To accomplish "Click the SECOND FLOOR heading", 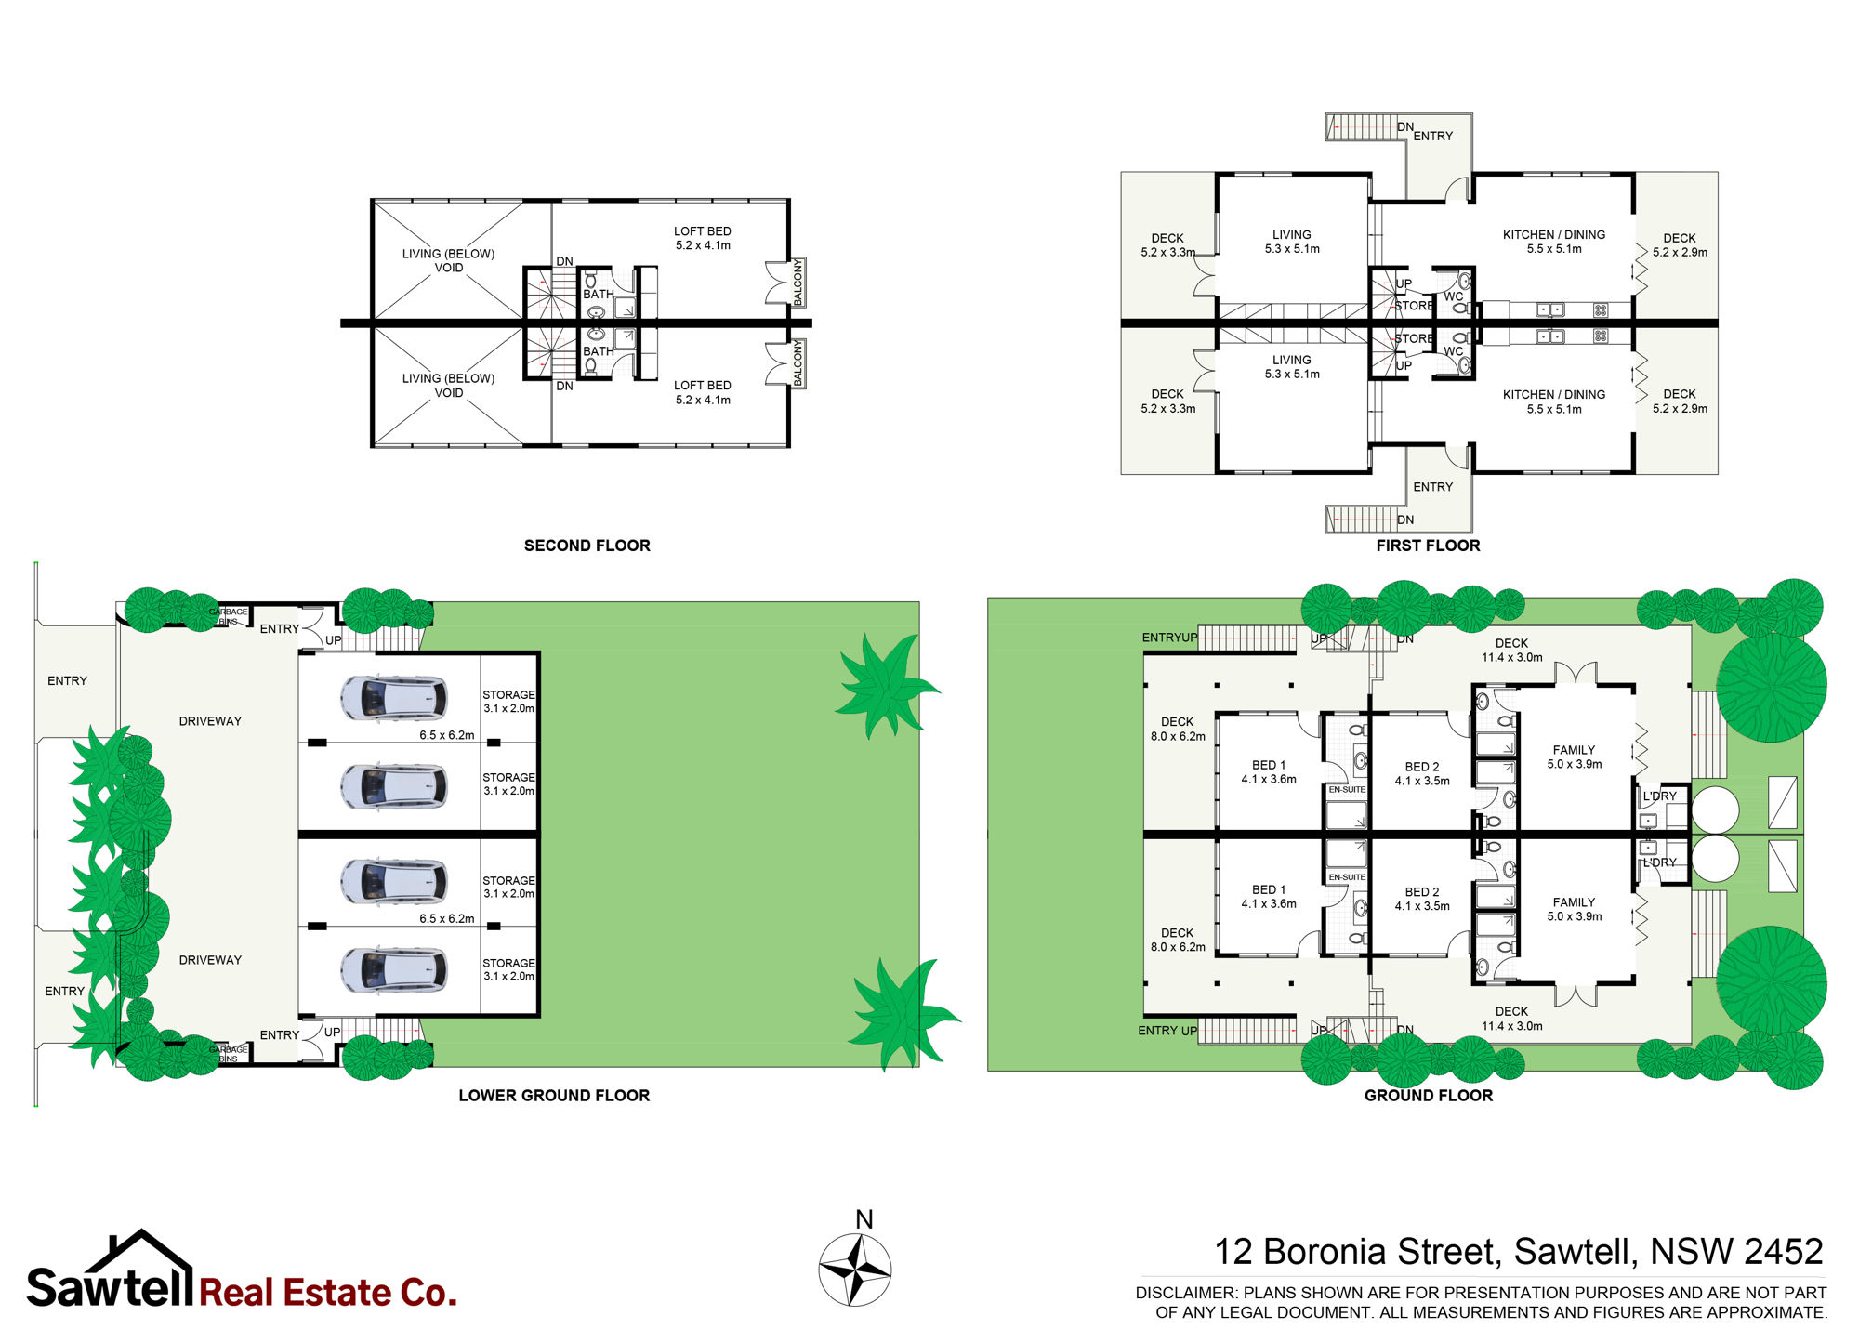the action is pyautogui.click(x=587, y=546).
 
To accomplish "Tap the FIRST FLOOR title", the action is pyautogui.click(x=1428, y=546).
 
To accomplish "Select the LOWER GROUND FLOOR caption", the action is pyautogui.click(x=554, y=1096).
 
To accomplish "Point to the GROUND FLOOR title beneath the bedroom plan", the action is pyautogui.click(x=1429, y=1096).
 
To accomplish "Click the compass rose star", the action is pyautogui.click(x=855, y=1270).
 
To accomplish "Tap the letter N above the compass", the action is pyautogui.click(x=864, y=1219).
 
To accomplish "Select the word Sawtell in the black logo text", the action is pyautogui.click(x=110, y=1287).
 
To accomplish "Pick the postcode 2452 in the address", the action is pyautogui.click(x=1783, y=1252).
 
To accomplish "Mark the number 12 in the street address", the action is pyautogui.click(x=1234, y=1252).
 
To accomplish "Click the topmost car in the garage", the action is pyautogui.click(x=394, y=698).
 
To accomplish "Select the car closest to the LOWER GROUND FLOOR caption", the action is pyautogui.click(x=394, y=970).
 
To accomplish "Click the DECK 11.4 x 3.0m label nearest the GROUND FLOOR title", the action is pyautogui.click(x=1511, y=1019).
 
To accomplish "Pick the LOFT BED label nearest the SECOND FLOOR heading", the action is pyautogui.click(x=703, y=392).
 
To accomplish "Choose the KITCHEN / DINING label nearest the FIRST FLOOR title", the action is pyautogui.click(x=1554, y=401).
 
